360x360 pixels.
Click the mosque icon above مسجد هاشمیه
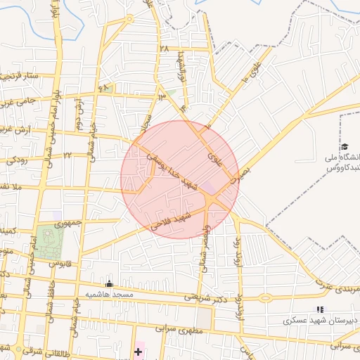tap(108, 284)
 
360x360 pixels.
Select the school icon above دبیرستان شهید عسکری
tap(320, 309)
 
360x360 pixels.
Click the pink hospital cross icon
tap(138, 350)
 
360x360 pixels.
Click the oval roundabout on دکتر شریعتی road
tap(265, 297)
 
